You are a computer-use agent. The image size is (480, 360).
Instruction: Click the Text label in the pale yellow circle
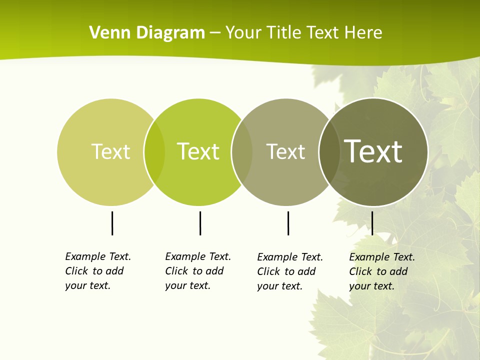(x=110, y=151)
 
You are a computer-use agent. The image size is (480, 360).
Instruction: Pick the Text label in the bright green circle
(x=198, y=151)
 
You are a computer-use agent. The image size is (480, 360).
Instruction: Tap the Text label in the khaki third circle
(x=285, y=152)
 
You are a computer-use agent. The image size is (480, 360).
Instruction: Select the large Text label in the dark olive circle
(x=373, y=151)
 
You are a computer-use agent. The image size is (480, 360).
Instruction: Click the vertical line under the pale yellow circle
(x=112, y=223)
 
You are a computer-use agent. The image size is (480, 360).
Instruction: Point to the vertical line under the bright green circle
(x=200, y=223)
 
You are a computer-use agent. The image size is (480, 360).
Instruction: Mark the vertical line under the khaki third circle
(x=288, y=223)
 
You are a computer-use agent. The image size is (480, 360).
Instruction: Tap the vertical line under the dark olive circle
(x=372, y=223)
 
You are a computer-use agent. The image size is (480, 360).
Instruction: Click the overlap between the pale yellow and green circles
(x=154, y=152)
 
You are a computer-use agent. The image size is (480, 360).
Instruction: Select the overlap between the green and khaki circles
(x=242, y=152)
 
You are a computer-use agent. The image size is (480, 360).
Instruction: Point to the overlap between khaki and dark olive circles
(x=329, y=152)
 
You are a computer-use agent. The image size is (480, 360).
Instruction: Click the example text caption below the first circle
(x=98, y=271)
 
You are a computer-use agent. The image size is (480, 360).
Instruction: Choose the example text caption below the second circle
(x=198, y=271)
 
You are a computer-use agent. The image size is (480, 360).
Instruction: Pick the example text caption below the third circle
(x=290, y=271)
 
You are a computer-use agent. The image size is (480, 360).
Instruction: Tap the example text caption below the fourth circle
(x=382, y=271)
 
